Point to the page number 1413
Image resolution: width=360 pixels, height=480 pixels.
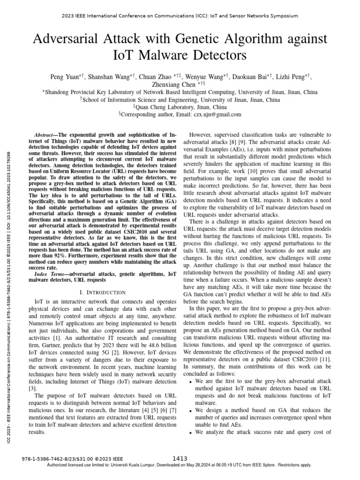click(180, 458)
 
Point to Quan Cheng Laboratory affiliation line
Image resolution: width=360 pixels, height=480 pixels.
click(180, 107)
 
